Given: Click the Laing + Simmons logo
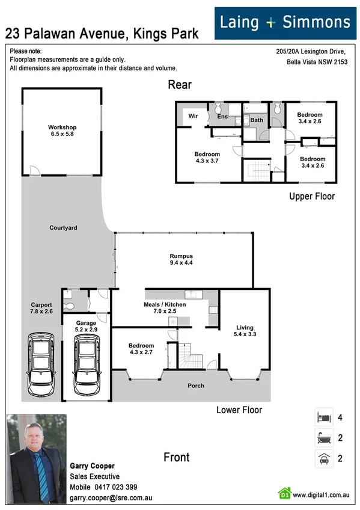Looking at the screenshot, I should tap(285, 23).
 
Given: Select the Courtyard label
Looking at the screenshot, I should tap(63, 228).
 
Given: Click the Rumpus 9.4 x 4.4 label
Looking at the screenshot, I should tap(181, 259).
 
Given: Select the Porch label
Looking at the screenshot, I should tap(196, 386).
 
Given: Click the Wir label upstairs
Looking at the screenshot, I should tap(194, 115).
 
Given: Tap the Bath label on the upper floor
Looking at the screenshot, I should tap(257, 120).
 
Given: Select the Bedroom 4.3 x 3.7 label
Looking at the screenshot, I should tap(207, 158).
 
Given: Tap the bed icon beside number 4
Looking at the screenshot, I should tap(323, 416).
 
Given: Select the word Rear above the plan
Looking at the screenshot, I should tap(180, 85).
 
